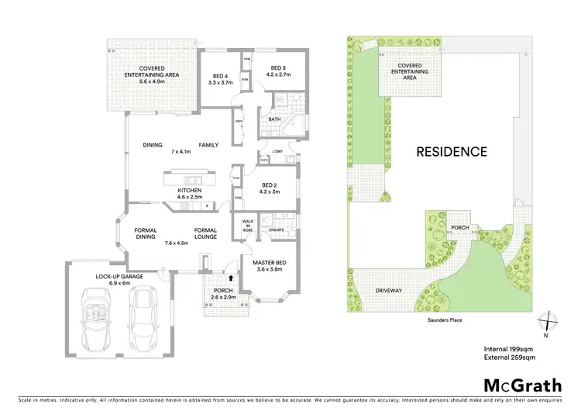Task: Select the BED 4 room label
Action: tap(222, 76)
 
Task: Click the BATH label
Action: tap(274, 119)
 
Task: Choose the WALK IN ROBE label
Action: tap(249, 225)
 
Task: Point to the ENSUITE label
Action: tap(277, 230)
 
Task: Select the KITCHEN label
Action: tap(190, 190)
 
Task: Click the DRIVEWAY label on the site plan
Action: tap(389, 290)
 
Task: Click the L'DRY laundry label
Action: tap(279, 152)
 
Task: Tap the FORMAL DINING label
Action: tap(146, 233)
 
